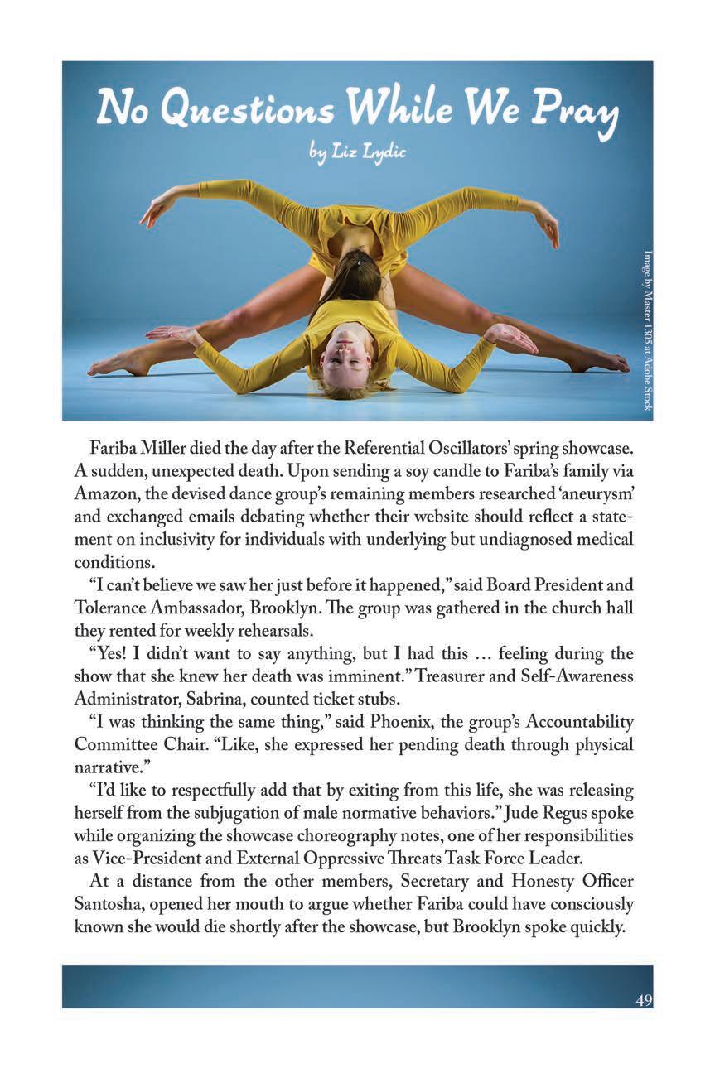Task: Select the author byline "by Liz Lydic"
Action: pyautogui.click(x=357, y=153)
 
